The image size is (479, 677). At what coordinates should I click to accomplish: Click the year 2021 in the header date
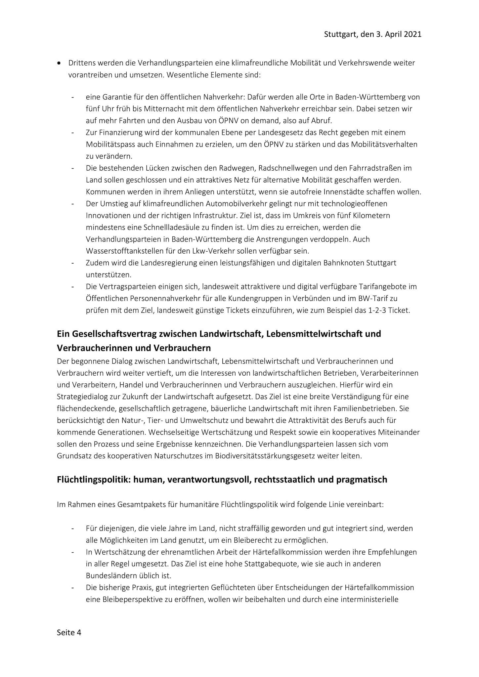coord(413,34)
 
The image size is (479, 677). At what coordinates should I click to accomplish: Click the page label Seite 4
coord(69,632)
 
